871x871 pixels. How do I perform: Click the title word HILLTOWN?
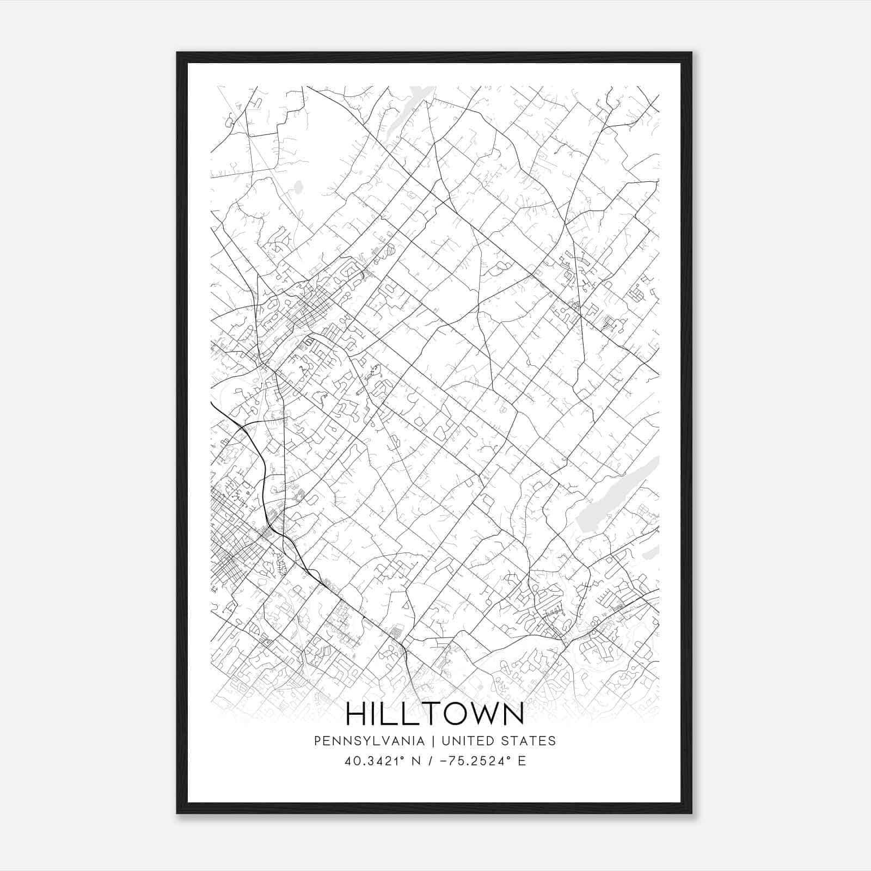point(435,714)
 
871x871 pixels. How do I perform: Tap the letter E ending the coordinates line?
point(522,760)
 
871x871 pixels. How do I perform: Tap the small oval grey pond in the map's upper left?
point(298,188)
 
